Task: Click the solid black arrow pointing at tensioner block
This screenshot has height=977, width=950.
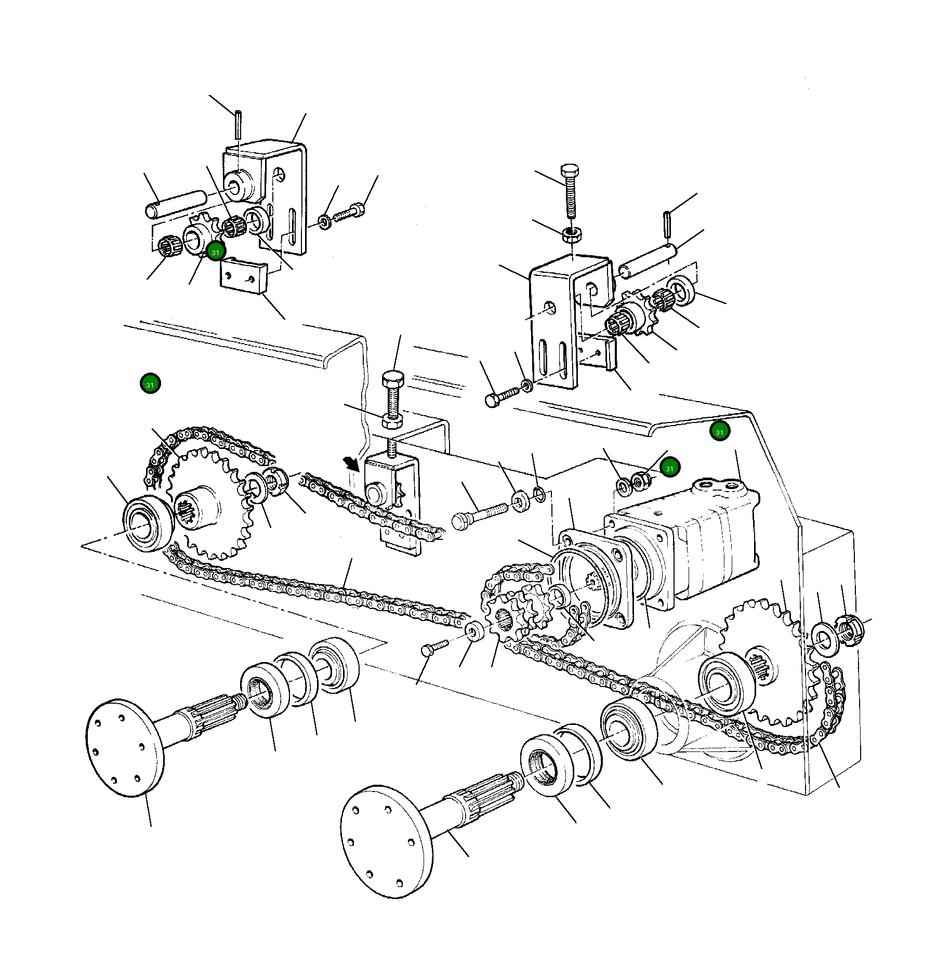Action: (351, 463)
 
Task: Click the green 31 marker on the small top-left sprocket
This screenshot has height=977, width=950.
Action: (216, 252)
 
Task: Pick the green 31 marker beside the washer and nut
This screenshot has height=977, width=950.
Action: (670, 468)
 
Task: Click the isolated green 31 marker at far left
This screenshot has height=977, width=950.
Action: (150, 384)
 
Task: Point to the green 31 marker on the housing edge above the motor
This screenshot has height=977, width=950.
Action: (720, 431)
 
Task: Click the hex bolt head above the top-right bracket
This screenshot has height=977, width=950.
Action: (570, 171)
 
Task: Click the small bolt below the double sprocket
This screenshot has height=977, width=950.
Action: (432, 648)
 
